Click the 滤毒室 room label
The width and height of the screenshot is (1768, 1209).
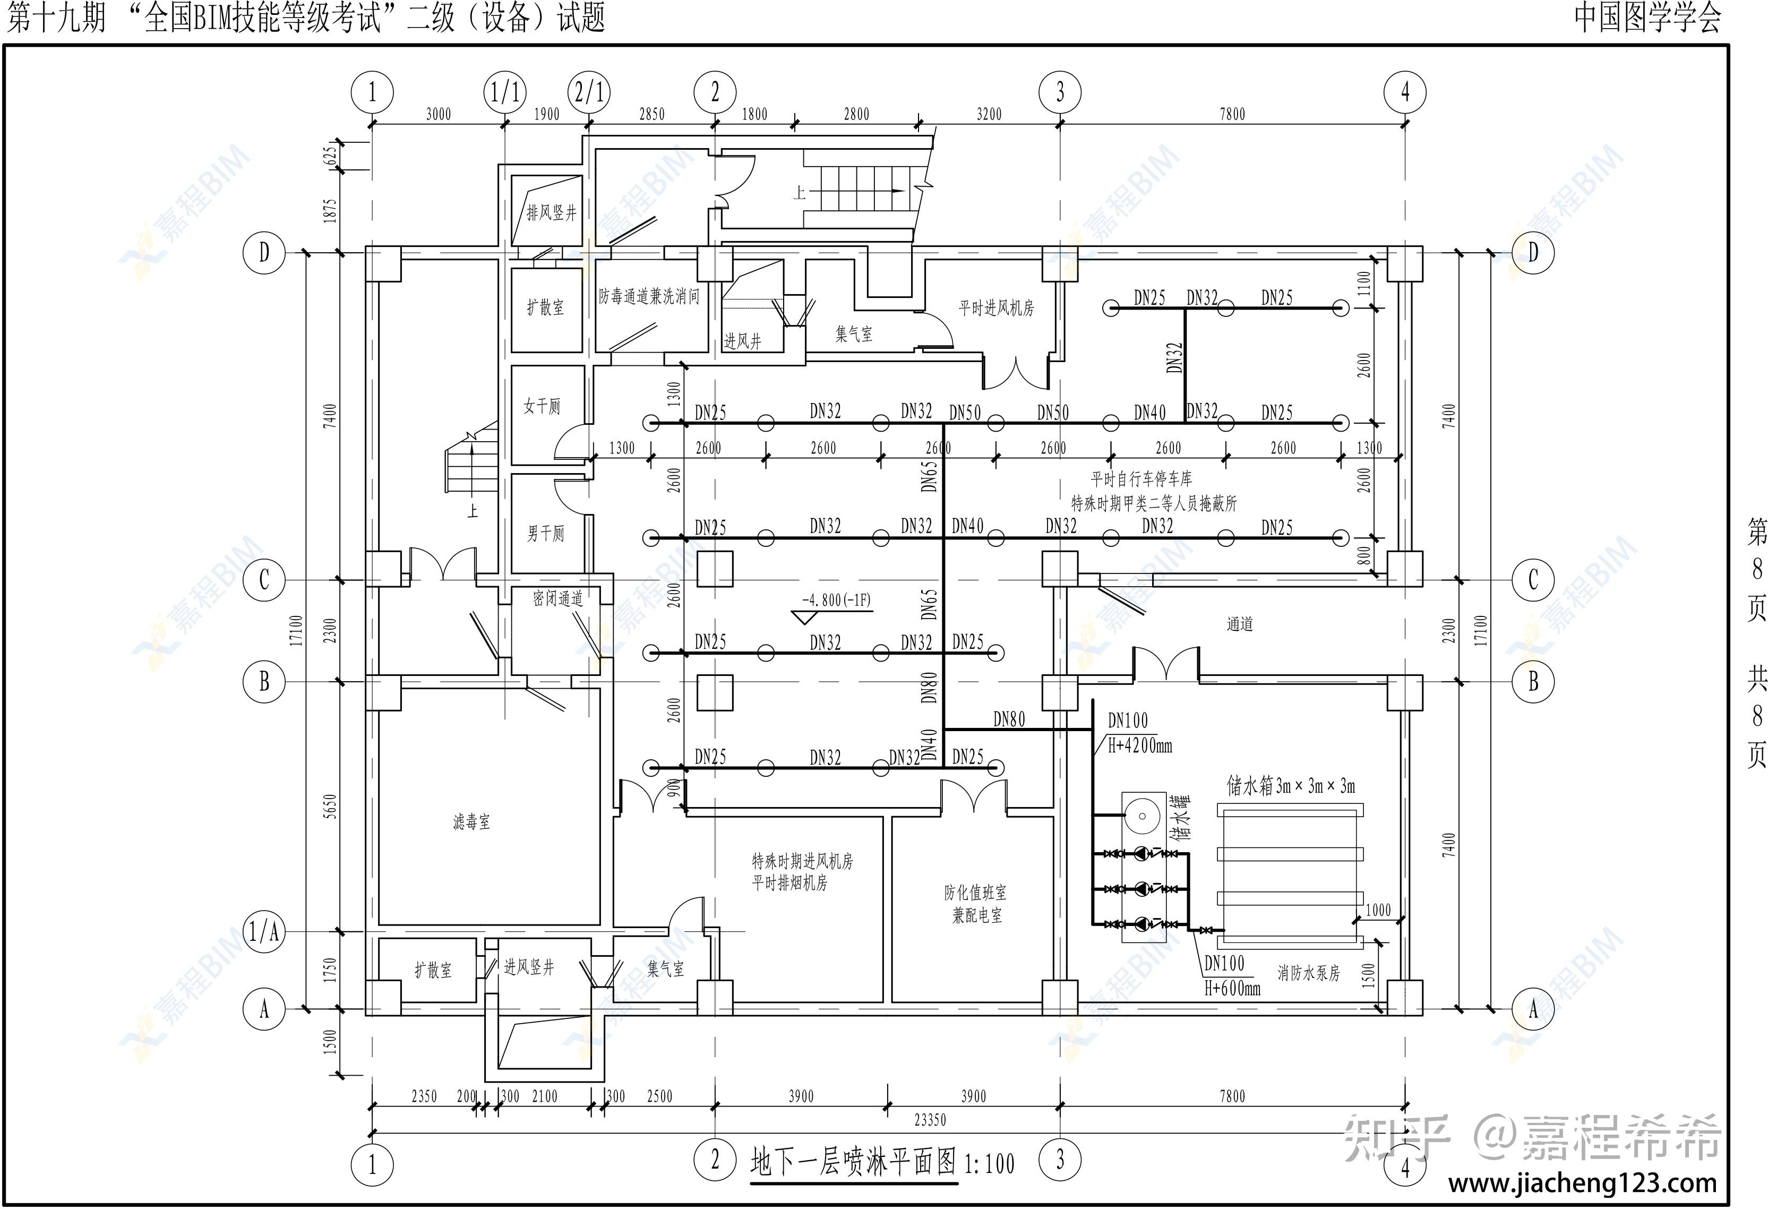point(471,822)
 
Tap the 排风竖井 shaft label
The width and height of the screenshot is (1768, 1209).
point(552,213)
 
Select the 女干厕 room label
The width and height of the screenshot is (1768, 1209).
point(542,406)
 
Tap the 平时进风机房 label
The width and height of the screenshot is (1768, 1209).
point(997,308)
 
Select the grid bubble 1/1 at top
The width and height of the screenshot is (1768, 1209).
point(505,93)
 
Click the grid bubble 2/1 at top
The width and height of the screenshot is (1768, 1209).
point(589,93)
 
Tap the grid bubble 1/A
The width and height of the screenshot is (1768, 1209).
point(264,931)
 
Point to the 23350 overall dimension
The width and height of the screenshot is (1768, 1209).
point(930,1120)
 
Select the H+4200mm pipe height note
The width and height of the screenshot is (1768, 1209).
point(1139,745)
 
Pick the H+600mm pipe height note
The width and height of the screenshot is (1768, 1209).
point(1232,988)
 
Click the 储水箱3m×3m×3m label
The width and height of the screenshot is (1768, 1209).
point(1291,786)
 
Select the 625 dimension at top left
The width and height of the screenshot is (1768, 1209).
point(329,155)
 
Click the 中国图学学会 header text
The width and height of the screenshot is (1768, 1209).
point(1648,18)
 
